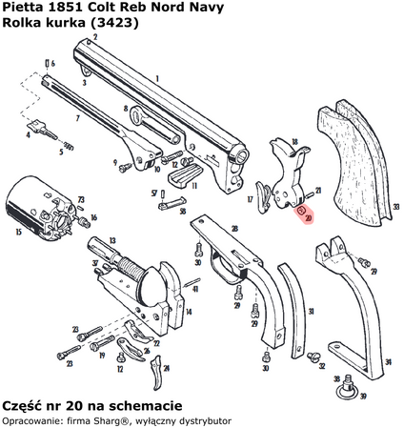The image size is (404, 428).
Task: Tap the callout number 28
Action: coord(233,228)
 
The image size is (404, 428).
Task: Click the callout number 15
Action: coord(16,231)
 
